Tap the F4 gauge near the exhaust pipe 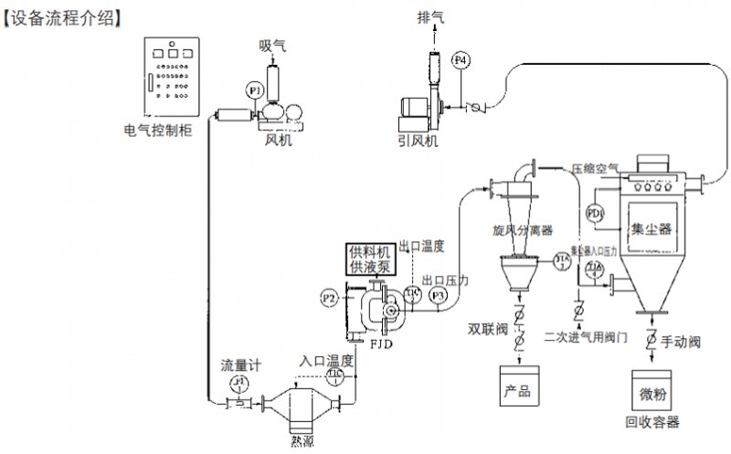tap(461, 60)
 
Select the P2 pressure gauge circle tap(330, 297)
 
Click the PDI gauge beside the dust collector tap(596, 214)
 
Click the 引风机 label tap(418, 142)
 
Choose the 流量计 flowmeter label tap(240, 364)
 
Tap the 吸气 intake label tap(273, 44)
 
